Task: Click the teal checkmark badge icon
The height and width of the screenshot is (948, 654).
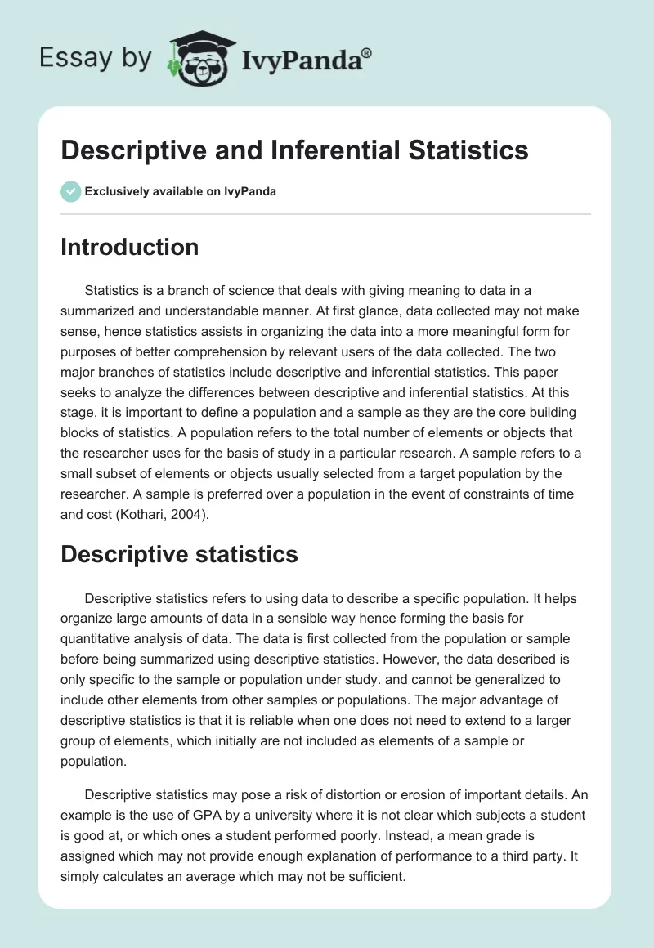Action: point(70,191)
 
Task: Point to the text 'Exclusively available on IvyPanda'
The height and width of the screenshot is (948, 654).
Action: point(181,191)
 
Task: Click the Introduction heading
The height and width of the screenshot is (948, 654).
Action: point(129,247)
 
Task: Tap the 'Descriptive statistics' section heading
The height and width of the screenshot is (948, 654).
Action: point(179,554)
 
